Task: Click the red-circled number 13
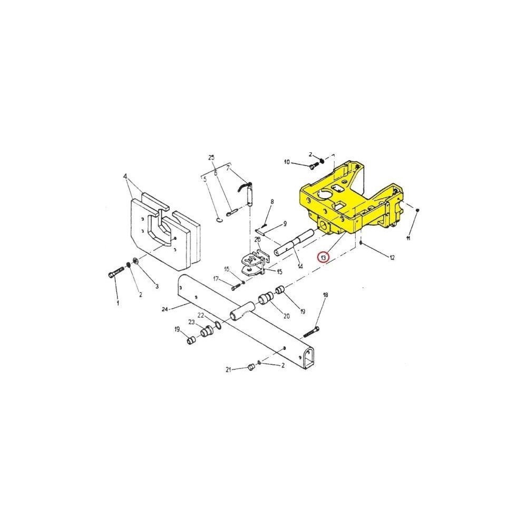coord(324,258)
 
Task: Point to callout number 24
coord(164,309)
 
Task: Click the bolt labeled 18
coord(311,331)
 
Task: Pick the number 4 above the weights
coord(125,176)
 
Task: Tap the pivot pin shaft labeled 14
coord(295,242)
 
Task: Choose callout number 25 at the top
coord(211,158)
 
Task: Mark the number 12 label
coord(392,258)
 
